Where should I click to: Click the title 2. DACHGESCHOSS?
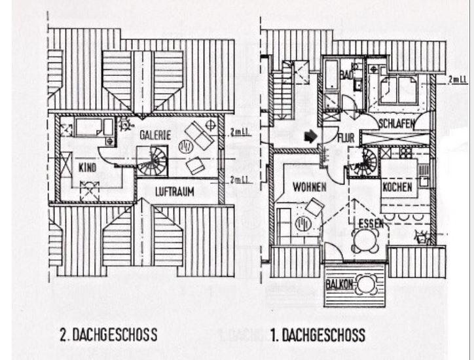[108, 335]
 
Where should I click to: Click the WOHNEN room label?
[310, 187]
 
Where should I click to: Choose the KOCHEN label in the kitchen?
[397, 187]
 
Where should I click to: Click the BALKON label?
[338, 285]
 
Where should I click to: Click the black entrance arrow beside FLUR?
[311, 136]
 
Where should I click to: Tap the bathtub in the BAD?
[331, 77]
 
